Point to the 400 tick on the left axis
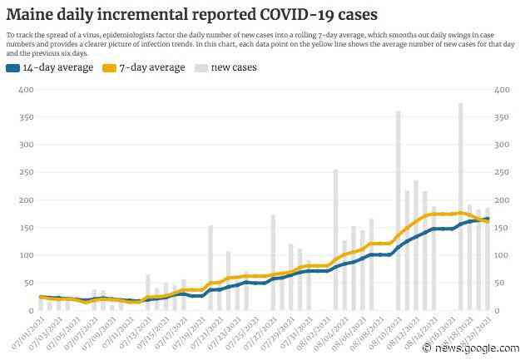point(19,89)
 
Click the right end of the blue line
point(488,219)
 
